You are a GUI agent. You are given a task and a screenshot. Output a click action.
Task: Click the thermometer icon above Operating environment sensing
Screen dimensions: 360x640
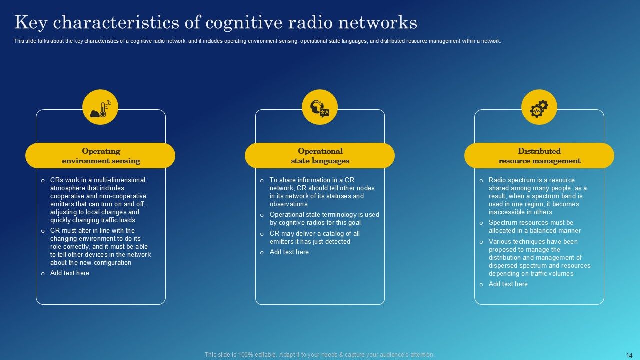100,107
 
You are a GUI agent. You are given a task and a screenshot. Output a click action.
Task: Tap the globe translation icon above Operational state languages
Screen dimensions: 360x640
320,107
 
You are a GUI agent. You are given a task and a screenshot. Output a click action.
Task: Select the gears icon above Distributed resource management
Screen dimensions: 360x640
539,107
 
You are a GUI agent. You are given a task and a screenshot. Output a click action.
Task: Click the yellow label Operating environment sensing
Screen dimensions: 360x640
101,156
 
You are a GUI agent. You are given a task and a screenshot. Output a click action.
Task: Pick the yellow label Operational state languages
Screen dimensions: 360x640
320,156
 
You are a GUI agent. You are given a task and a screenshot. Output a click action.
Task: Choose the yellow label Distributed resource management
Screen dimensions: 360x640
539,156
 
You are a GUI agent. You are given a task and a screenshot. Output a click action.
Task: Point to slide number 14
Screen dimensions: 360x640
629,355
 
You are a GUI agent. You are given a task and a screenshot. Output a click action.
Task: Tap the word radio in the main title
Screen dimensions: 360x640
322,22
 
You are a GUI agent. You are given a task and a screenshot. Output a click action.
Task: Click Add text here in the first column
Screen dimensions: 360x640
70,273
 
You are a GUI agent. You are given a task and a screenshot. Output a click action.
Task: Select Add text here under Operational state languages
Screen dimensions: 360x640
289,252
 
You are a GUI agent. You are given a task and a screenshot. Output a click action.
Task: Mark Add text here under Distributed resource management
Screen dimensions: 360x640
508,284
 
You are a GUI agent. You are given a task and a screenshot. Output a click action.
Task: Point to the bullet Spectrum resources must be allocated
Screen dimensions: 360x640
534,227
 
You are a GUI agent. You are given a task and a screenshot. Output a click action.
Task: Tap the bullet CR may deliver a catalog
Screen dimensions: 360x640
314,238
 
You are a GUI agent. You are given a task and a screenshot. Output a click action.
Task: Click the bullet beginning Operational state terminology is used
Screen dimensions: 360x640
324,219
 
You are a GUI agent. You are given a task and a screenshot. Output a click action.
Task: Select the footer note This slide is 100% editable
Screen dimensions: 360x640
319,355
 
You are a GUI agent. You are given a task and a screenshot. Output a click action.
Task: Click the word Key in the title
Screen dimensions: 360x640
31,22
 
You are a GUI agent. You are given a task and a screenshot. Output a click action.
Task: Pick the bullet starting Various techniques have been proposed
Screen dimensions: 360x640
539,258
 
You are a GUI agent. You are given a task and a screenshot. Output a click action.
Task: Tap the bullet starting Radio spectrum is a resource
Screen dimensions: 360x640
537,196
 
